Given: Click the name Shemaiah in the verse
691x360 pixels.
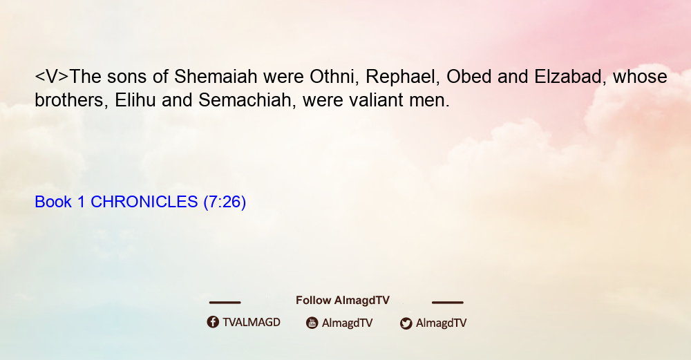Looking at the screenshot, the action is pos(216,77).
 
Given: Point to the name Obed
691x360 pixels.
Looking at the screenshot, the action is pos(469,77).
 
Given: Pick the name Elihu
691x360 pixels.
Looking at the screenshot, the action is pos(135,100).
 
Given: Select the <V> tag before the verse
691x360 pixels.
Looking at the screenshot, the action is pos(52,77).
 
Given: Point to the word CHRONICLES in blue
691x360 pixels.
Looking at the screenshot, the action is pos(144,202).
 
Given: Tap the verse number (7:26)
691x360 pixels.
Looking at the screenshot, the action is pos(225,202).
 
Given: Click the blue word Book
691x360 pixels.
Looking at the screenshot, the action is pos(53,202).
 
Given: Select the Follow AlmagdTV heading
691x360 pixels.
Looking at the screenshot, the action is pos(343,301).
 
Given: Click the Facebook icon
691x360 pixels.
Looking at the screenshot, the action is pos(213,322).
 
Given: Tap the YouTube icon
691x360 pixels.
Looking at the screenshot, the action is pos(312,323).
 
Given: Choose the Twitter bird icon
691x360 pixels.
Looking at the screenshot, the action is pos(406,323).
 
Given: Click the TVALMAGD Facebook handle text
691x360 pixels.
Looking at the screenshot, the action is pos(252,322).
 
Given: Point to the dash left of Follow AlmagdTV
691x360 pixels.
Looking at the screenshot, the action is pos(225,303).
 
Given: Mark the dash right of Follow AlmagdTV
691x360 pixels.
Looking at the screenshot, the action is pos(448,303).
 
